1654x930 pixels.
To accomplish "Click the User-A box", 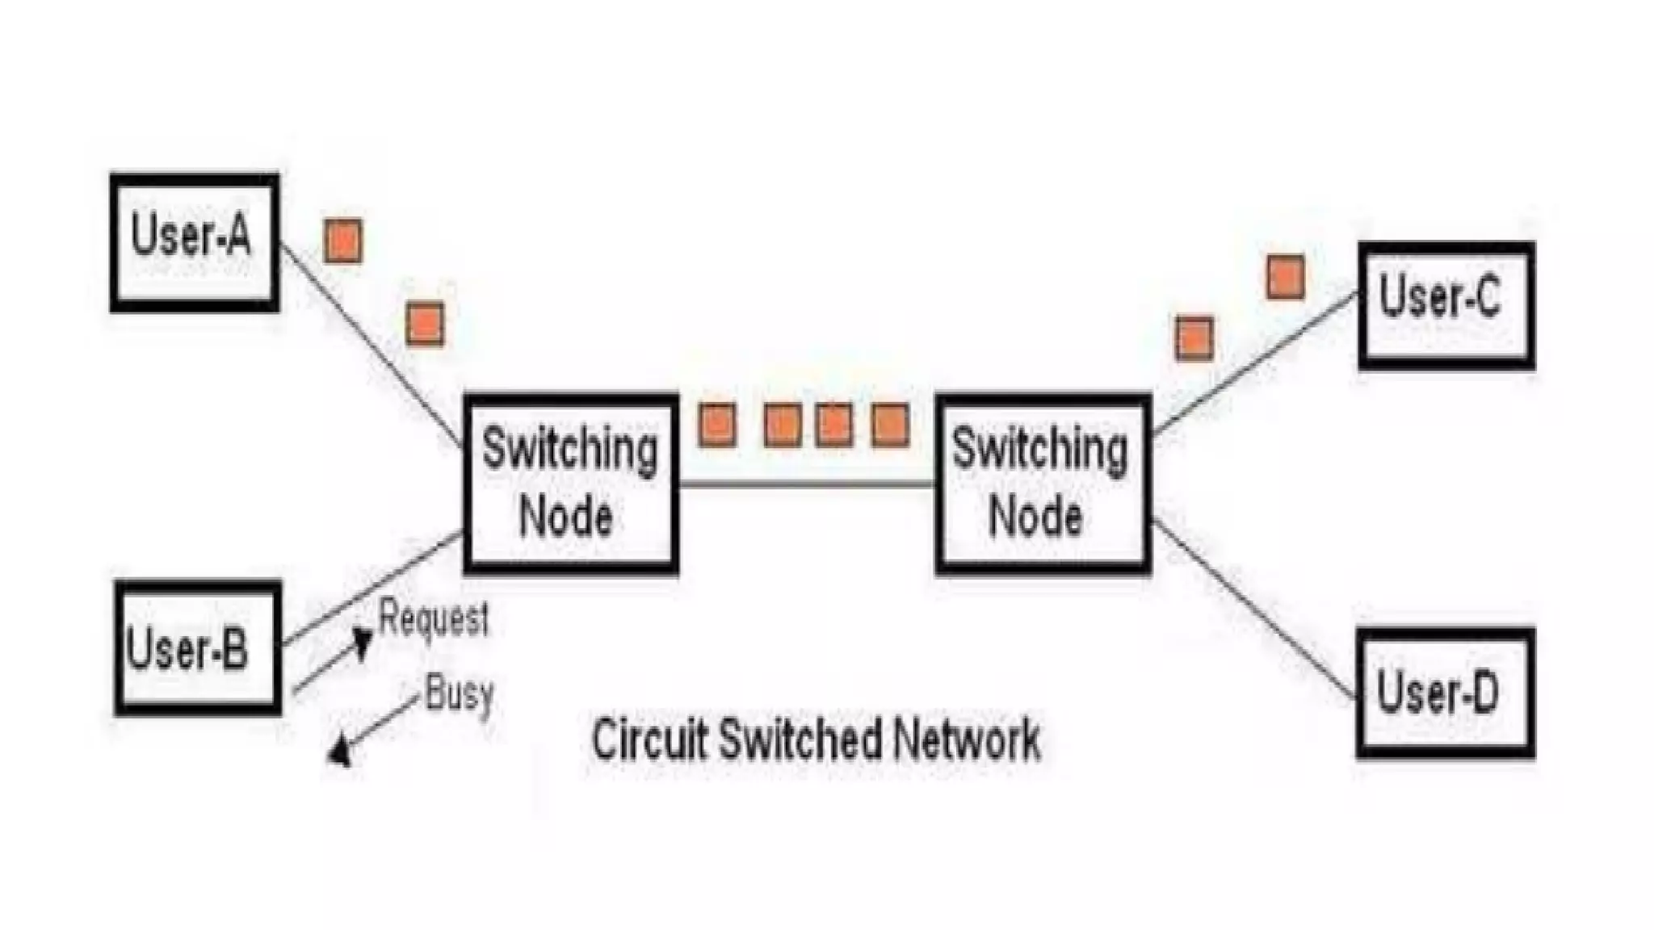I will pos(195,241).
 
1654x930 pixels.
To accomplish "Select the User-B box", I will pos(198,647).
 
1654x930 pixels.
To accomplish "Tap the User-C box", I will pos(1446,305).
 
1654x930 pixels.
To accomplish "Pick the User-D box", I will pos(1445,693).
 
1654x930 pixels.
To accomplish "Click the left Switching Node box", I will pos(571,484).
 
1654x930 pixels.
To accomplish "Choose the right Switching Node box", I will pos(1043,484).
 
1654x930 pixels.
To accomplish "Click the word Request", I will pos(434,620).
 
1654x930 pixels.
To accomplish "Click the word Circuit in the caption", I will pos(650,739).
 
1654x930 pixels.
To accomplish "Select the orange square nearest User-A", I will pos(342,241).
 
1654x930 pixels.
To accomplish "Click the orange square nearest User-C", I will pos(1285,278).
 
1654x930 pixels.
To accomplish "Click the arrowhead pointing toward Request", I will pos(363,642).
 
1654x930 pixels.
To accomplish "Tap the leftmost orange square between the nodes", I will pos(717,425).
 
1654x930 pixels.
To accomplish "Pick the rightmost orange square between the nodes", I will pos(890,425).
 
